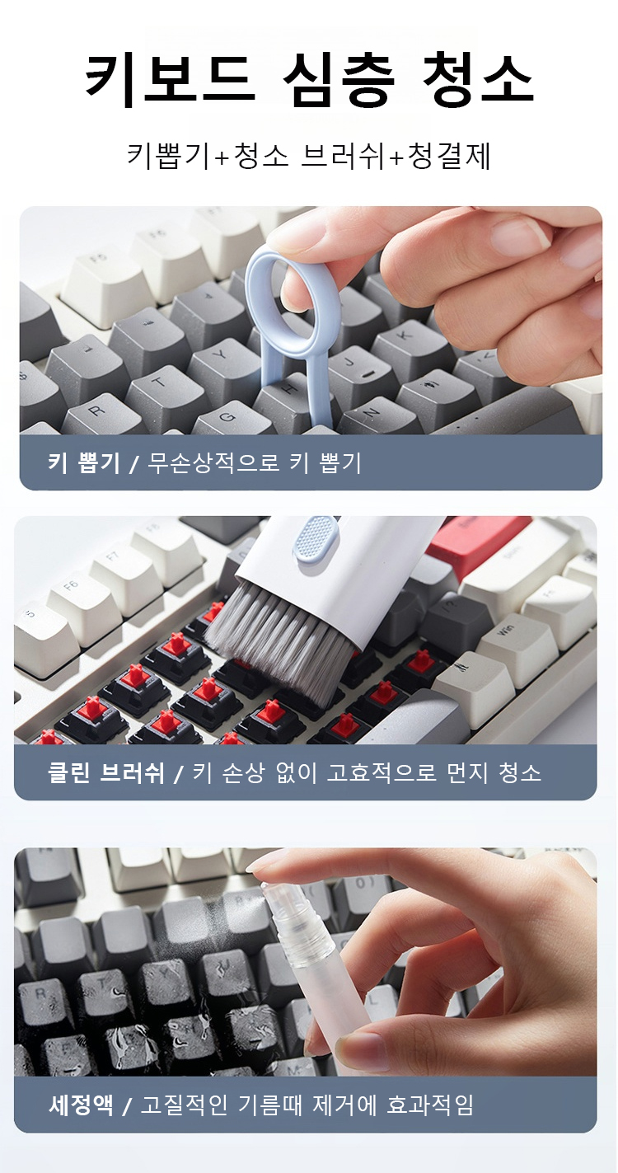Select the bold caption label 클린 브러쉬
click(x=106, y=772)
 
